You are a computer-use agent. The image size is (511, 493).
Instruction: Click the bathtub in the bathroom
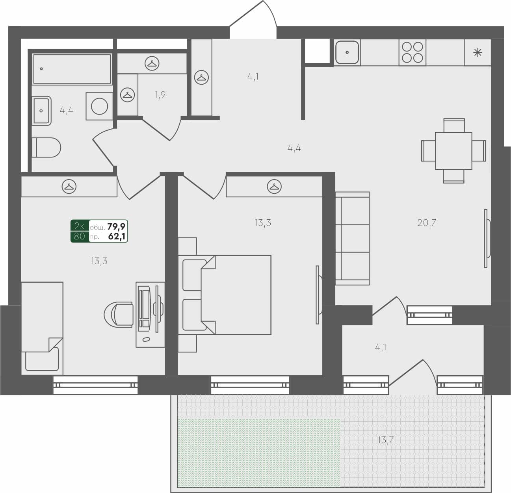click(72, 69)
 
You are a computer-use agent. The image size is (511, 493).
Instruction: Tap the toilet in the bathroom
click(46, 147)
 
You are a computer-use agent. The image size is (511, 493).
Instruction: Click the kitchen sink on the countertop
click(347, 52)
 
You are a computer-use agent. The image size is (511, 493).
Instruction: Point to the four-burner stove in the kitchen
click(412, 52)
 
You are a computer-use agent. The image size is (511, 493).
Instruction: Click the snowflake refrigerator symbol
click(478, 52)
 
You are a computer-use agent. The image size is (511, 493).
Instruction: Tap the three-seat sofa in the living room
click(352, 238)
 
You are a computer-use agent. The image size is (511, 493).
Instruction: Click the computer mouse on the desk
click(146, 339)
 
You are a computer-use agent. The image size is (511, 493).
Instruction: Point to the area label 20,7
click(427, 223)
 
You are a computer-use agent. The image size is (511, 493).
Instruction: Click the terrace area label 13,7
click(385, 440)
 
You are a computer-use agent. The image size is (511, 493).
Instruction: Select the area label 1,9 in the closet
click(160, 95)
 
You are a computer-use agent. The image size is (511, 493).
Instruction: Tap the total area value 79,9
click(116, 226)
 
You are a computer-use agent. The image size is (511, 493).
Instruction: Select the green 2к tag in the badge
click(79, 226)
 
